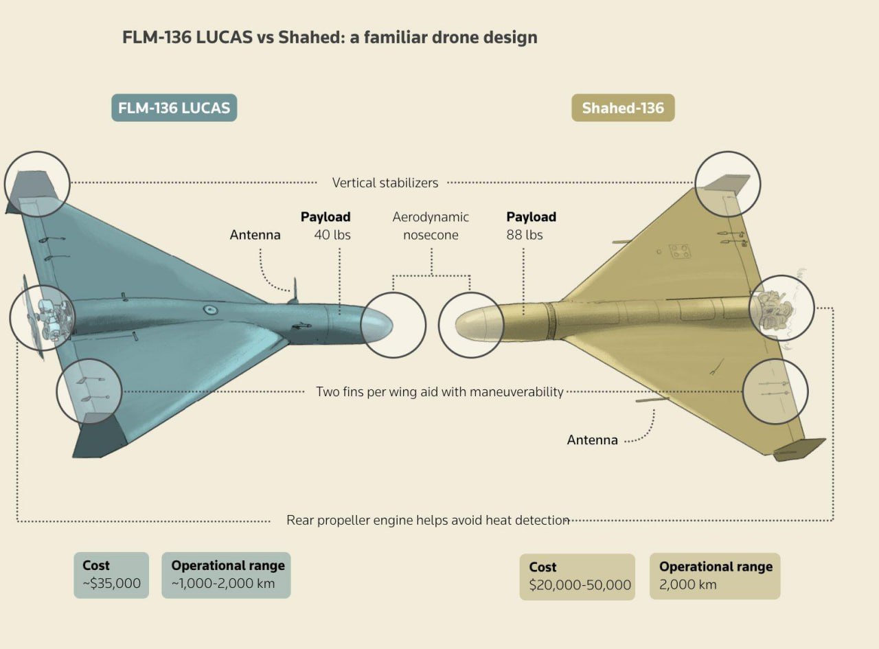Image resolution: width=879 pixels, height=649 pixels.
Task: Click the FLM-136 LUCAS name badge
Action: pos(174,108)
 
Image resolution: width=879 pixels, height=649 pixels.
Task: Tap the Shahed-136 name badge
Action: pos(623,108)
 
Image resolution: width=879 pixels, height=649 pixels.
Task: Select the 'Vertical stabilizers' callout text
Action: pos(385,183)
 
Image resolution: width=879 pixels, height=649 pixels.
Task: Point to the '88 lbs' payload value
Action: pos(525,235)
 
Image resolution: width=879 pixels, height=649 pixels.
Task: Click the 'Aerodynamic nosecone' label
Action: pos(431,226)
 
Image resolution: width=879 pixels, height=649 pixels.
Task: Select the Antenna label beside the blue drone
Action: pos(255,235)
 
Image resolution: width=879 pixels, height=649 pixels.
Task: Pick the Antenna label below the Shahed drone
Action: pos(592,440)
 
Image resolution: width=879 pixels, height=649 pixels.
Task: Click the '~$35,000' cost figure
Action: pos(111,584)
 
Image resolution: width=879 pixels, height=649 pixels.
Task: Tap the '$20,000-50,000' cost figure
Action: pos(580,585)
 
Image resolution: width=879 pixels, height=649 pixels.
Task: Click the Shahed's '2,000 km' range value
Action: pos(687,584)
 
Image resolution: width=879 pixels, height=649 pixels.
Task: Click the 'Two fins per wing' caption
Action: pos(439,391)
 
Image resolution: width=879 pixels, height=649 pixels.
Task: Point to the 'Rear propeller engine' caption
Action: pos(428,520)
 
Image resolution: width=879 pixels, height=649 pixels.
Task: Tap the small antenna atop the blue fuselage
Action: pos(295,289)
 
